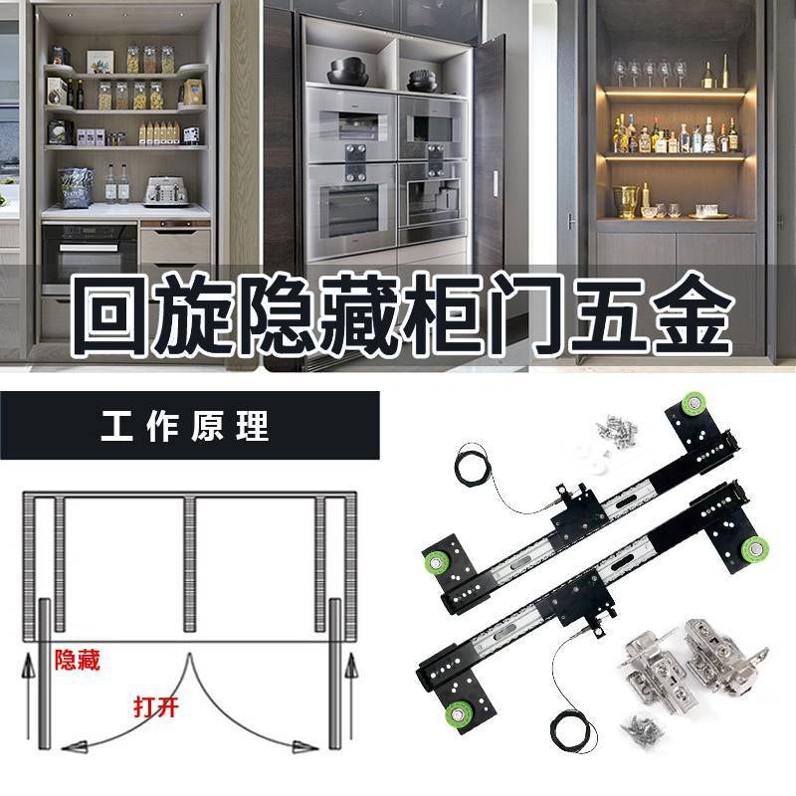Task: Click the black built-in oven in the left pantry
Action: pos(90,253)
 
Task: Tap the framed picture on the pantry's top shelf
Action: pos(100,62)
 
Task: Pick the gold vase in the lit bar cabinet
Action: pos(629,200)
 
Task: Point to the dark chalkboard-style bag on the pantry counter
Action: pos(75,186)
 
